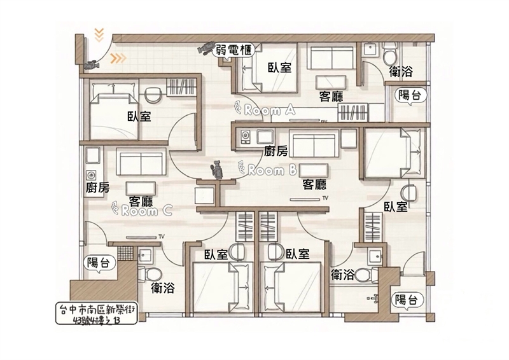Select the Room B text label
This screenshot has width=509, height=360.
click(267, 169)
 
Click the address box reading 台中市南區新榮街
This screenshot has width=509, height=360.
click(97, 314)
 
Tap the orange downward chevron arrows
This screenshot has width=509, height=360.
click(99, 36)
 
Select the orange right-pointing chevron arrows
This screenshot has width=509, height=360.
click(118, 59)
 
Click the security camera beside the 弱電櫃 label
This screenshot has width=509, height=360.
click(205, 48)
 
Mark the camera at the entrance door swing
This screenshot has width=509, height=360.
click(91, 65)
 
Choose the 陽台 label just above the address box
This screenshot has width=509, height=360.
click(101, 263)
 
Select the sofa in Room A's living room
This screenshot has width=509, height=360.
click(330, 58)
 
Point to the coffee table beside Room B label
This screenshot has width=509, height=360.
click(313, 170)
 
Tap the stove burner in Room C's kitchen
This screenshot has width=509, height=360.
click(91, 176)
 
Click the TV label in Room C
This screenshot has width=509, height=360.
click(162, 236)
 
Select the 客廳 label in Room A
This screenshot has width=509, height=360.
click(331, 97)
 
